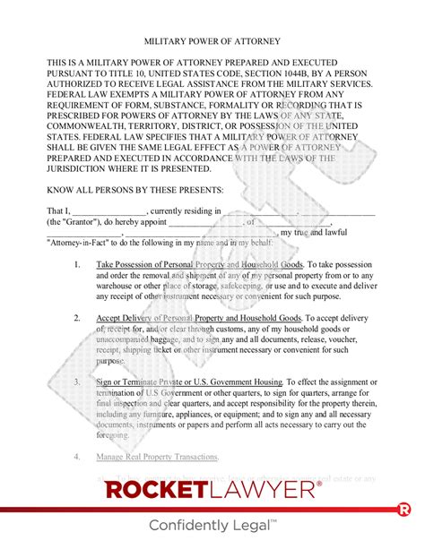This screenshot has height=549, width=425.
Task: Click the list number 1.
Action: pyautogui.click(x=77, y=265)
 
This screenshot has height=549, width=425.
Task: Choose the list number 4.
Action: pyautogui.click(x=77, y=457)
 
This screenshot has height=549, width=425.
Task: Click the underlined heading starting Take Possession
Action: pyautogui.click(x=202, y=265)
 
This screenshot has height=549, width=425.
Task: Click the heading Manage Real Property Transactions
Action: pyautogui.click(x=158, y=457)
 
